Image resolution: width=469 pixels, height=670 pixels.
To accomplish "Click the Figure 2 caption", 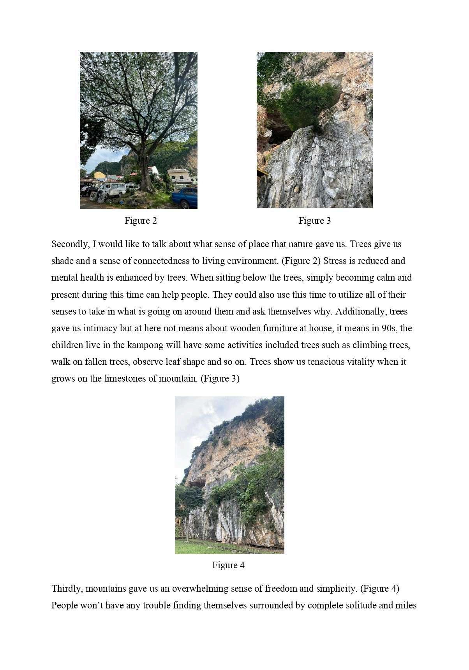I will [141, 221].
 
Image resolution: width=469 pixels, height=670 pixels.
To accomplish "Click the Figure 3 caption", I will [314, 221].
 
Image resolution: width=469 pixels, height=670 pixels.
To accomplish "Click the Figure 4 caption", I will [228, 565].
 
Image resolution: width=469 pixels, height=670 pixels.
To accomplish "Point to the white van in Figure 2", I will [113, 189].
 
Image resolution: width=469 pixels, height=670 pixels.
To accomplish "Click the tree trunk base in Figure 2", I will [147, 185].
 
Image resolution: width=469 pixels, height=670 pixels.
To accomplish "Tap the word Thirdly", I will [67, 589].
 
